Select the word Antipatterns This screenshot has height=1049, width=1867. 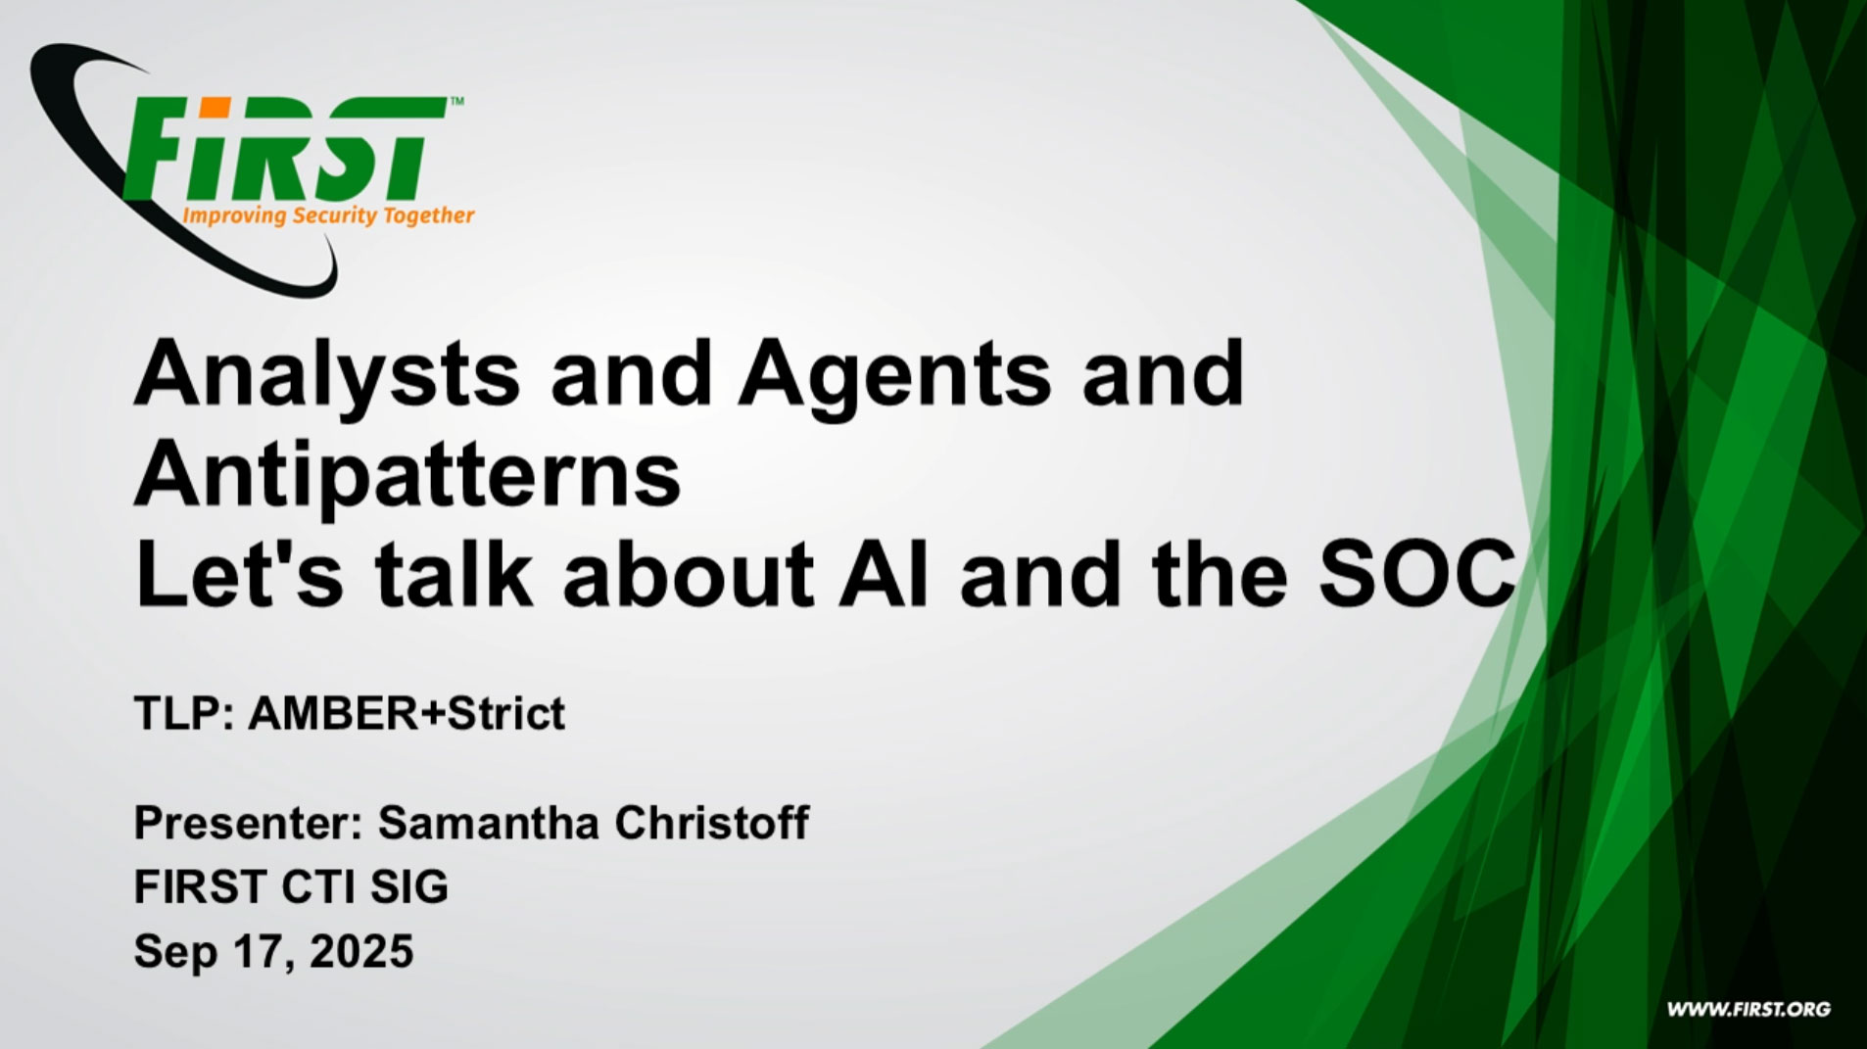[407, 477]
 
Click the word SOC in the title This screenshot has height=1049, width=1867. [1416, 574]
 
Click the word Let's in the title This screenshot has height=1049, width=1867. [239, 574]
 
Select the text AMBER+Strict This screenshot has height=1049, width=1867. [407, 713]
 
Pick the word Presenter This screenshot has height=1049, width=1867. [248, 823]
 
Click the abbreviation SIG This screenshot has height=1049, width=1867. [409, 887]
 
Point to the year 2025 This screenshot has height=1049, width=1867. [361, 951]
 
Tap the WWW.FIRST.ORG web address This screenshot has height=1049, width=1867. [1748, 1010]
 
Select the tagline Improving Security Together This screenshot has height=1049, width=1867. [329, 215]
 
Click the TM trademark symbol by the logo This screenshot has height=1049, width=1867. [456, 100]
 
